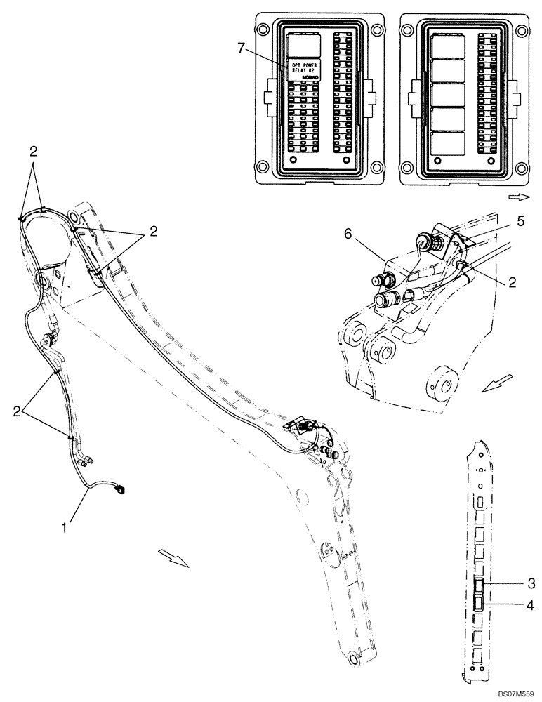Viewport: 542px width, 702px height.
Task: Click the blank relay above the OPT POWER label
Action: point(303,46)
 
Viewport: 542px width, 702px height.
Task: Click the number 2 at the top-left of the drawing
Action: point(33,151)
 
